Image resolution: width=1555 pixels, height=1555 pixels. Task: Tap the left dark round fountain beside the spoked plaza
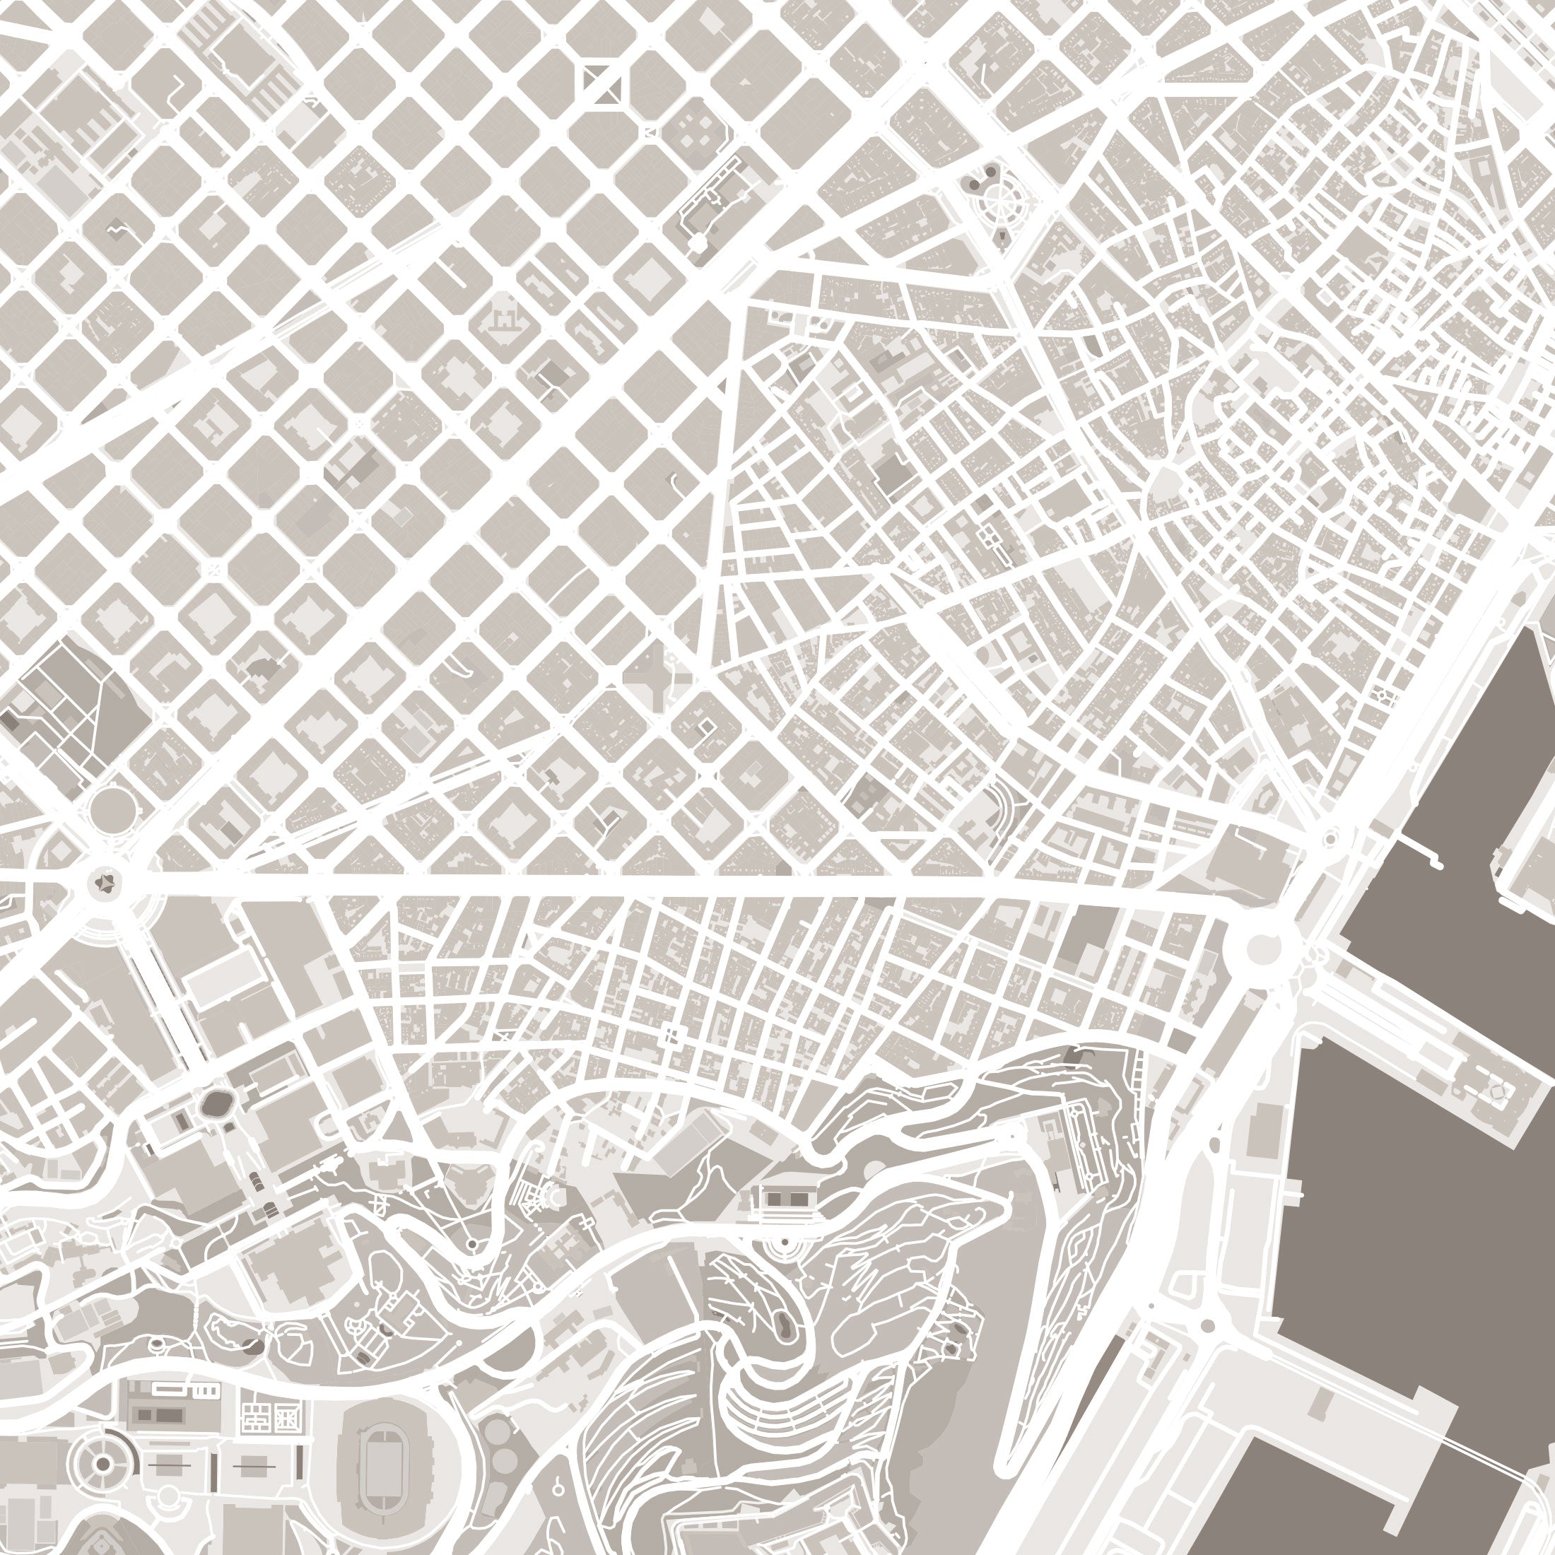pyautogui.click(x=974, y=184)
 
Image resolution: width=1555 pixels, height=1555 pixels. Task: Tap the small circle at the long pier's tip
pyautogui.click(x=1497, y=1091)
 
